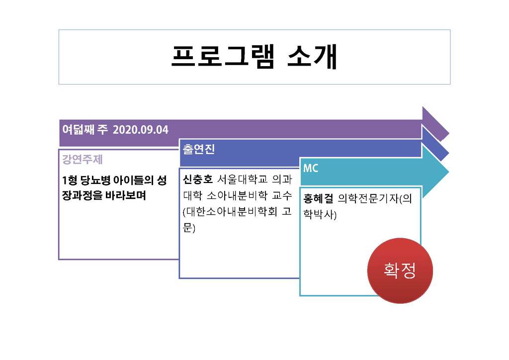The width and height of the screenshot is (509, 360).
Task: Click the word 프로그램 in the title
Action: tap(223, 57)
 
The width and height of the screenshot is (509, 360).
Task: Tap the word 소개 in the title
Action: tap(312, 57)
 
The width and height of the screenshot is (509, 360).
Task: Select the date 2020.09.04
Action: tap(141, 130)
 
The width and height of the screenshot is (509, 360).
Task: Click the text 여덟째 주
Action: tap(85, 129)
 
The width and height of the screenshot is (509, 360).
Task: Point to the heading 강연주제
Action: tap(83, 160)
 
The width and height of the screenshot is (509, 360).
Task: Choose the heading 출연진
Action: tap(198, 149)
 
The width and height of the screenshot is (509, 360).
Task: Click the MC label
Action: tap(311, 168)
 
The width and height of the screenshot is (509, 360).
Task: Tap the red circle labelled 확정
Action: tap(400, 270)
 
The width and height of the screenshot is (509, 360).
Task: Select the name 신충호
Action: tap(197, 179)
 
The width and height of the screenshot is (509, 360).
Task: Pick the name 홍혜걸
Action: tap(318, 198)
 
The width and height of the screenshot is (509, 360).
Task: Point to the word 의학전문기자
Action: tap(368, 198)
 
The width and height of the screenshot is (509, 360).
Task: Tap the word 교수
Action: tap(282, 195)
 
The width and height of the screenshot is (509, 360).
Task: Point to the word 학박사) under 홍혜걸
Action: tap(320, 214)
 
